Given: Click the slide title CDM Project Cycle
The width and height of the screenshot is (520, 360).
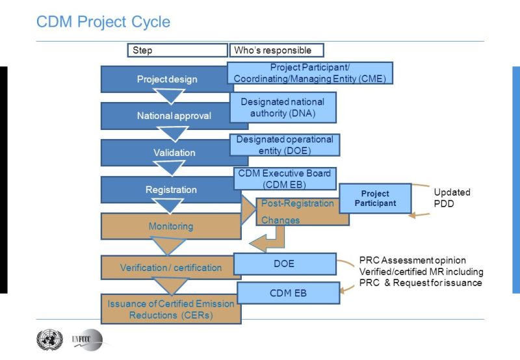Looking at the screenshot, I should point(103,21).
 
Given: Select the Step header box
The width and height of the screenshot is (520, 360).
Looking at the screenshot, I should point(176,50).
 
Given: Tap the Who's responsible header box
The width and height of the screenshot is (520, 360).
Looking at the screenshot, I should point(276,50).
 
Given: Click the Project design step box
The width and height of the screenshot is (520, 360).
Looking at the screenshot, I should point(166,79).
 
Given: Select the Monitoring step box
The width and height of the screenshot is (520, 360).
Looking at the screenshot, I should point(170,226).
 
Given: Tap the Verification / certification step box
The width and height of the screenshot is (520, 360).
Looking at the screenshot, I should point(170,267).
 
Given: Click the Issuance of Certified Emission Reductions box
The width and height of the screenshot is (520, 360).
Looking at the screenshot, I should point(171,309).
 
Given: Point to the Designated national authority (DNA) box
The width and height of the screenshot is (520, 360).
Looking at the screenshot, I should point(283,107).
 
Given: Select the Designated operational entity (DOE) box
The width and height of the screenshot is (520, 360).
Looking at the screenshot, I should point(285,144).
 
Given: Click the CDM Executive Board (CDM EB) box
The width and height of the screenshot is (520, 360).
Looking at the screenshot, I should point(285,178).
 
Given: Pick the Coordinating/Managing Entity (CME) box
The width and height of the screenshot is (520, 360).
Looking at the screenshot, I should point(310,73).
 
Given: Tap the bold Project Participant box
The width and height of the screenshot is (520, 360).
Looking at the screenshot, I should point(375,198).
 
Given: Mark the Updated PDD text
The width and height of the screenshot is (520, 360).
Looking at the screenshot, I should point(452,198).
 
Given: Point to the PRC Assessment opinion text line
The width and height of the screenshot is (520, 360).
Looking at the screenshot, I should point(413,261).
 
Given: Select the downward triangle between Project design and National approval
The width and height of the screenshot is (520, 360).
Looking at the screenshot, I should point(172,97).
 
